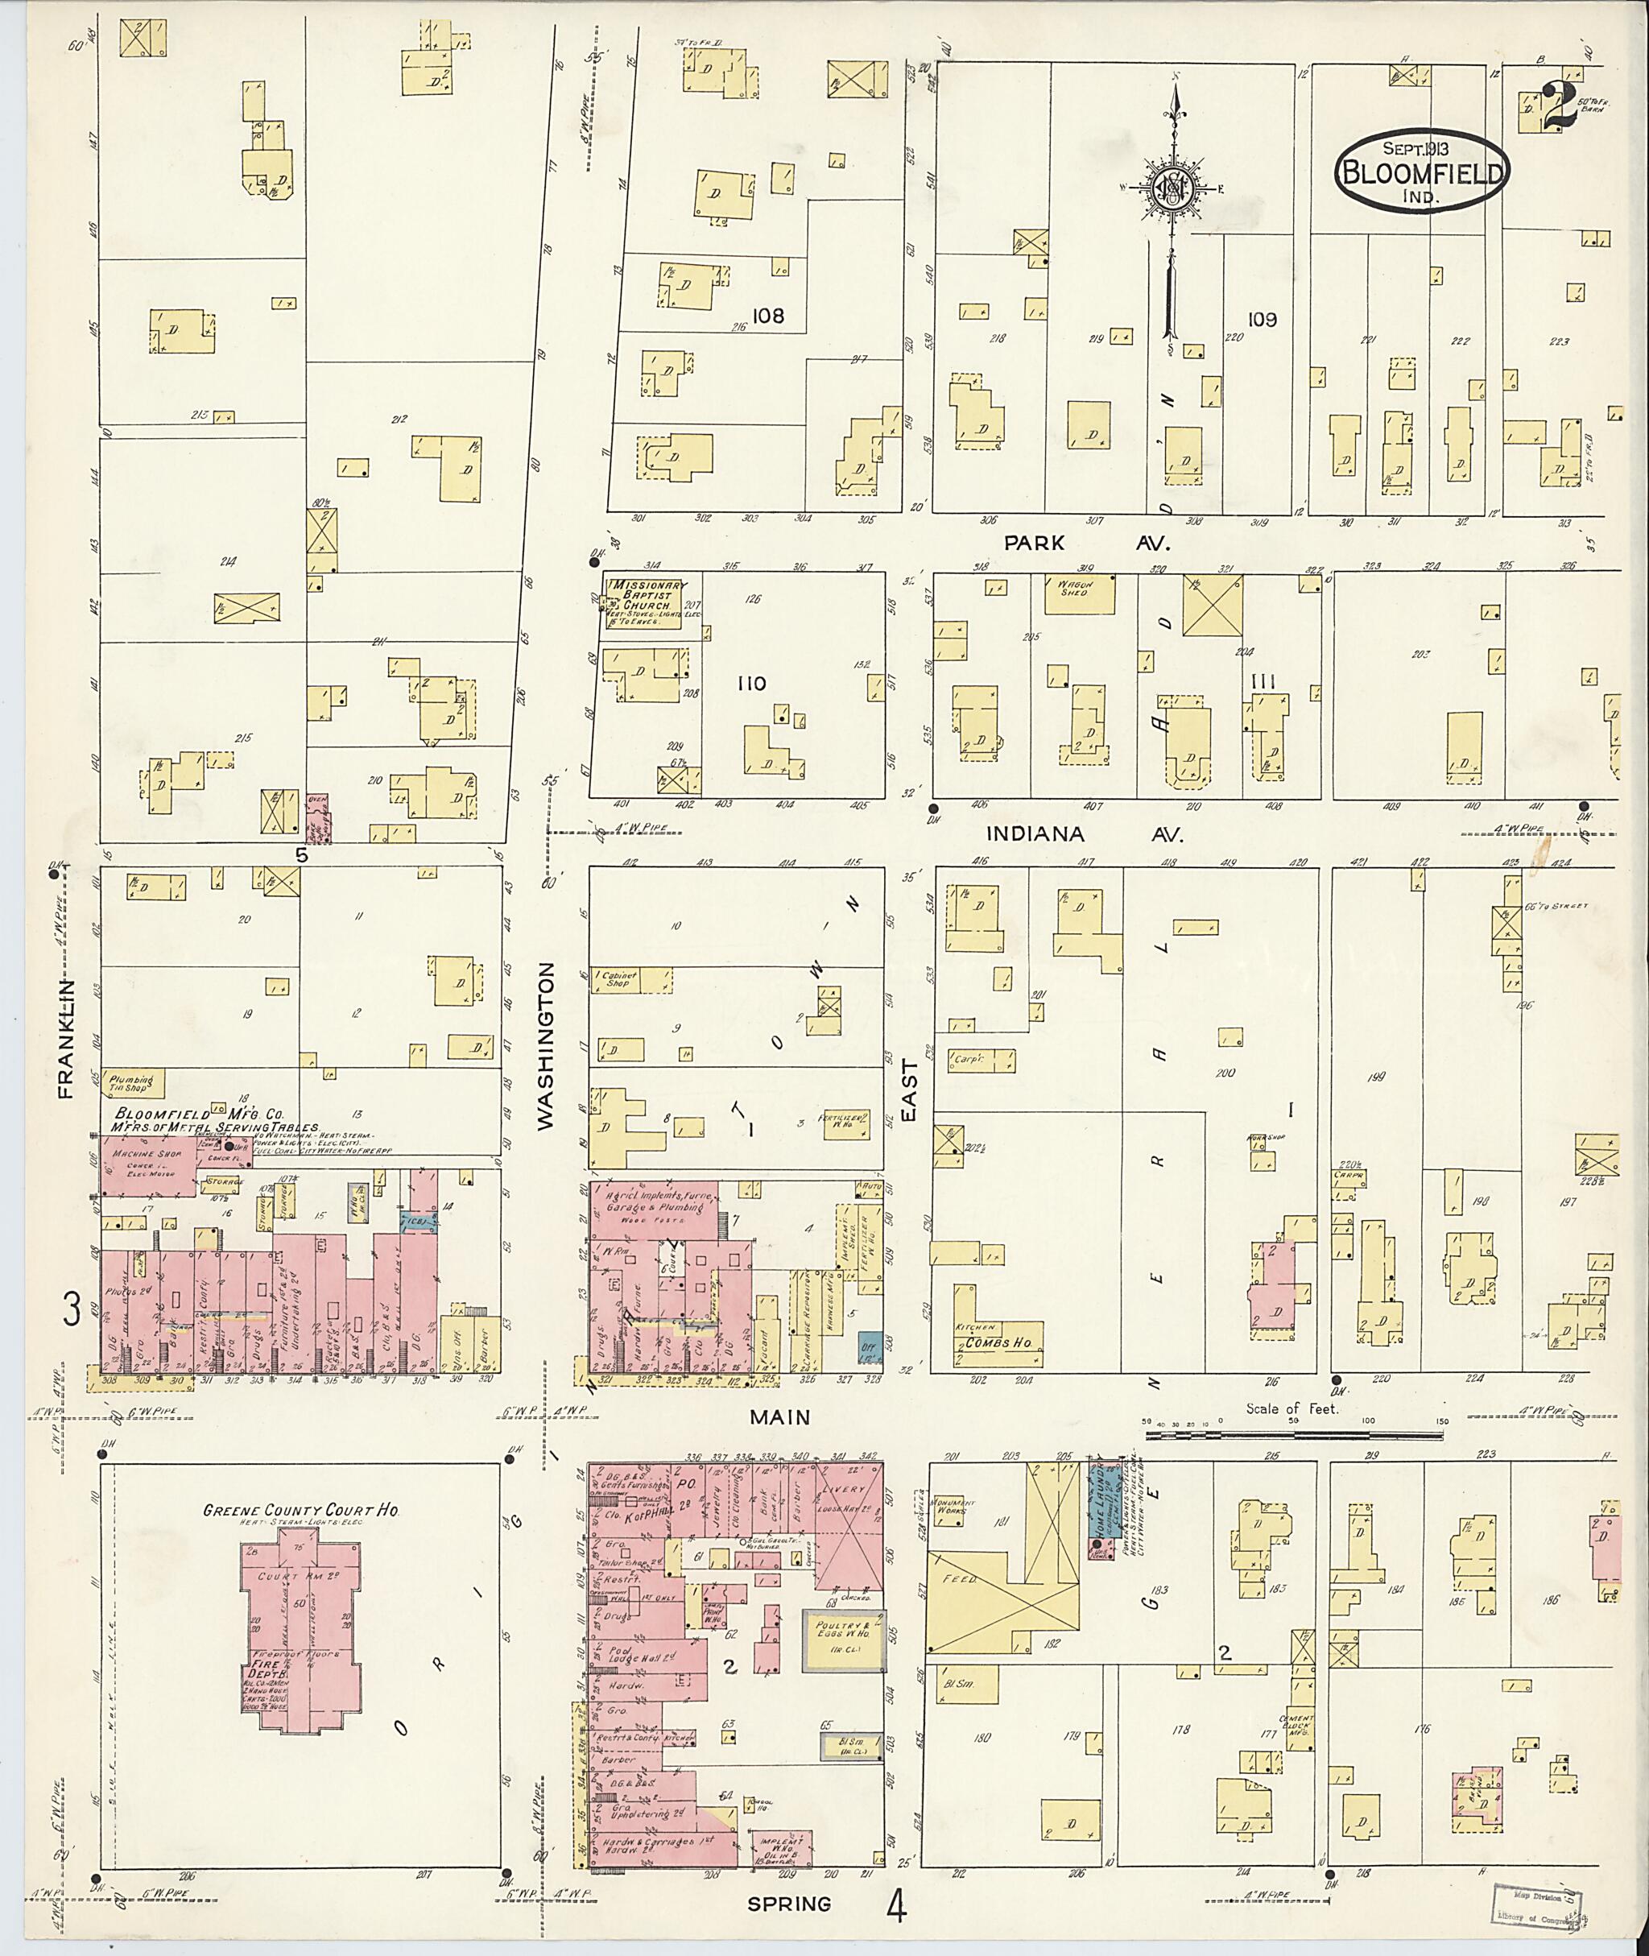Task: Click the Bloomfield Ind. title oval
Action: [x=1420, y=172]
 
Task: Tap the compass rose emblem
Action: [x=1174, y=190]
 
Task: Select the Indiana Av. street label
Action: [x=1085, y=834]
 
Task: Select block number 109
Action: [x=1260, y=320]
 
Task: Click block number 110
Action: [x=750, y=684]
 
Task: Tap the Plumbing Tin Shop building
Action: [x=134, y=1084]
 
